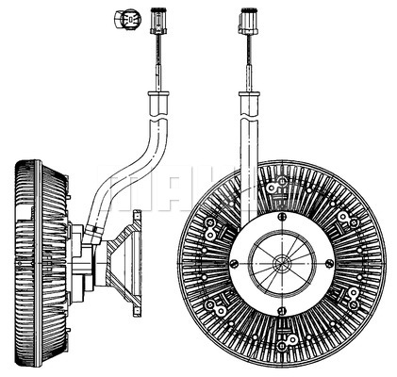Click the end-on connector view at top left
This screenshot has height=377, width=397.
pyautogui.click(x=127, y=19)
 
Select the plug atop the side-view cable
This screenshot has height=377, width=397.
pyautogui.click(x=158, y=21)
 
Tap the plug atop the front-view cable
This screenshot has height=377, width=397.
pyautogui.click(x=249, y=21)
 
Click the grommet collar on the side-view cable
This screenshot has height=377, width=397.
pyautogui.click(x=158, y=93)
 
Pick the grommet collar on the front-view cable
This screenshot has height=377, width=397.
pyautogui.click(x=249, y=93)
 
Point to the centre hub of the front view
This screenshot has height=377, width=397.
pyautogui.click(x=282, y=263)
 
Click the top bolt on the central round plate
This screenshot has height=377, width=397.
pyautogui.click(x=282, y=216)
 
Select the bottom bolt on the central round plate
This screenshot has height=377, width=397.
pyautogui.click(x=282, y=310)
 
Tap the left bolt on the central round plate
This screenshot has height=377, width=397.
pyautogui.click(x=233, y=263)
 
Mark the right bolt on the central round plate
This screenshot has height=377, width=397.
pyautogui.click(x=329, y=263)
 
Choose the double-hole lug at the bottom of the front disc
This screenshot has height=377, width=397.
pyautogui.click(x=288, y=339)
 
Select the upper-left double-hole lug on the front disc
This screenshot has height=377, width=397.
pyautogui.click(x=209, y=228)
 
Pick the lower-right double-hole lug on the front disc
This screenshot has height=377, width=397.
pyautogui.click(x=353, y=299)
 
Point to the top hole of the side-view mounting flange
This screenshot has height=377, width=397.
pyautogui.click(x=137, y=217)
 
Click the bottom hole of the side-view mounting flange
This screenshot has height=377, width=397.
pyautogui.click(x=137, y=311)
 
